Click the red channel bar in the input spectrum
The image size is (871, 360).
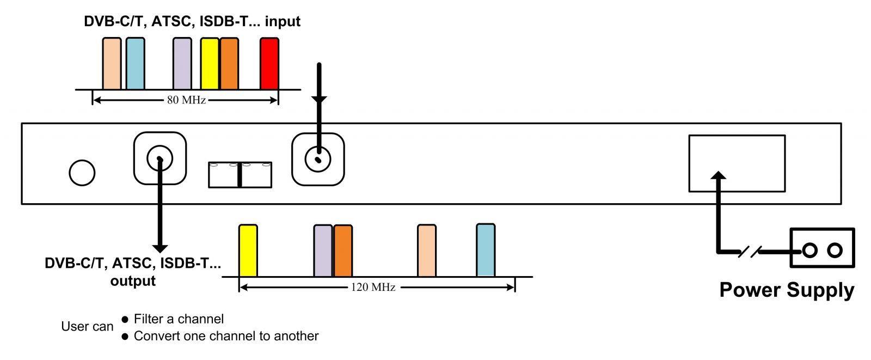(x=269, y=64)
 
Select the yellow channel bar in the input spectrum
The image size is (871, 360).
(x=209, y=64)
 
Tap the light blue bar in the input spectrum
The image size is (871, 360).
(x=135, y=64)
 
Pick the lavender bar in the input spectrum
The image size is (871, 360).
(x=182, y=64)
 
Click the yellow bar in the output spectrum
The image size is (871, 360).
(x=248, y=251)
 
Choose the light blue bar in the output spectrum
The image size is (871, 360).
(x=486, y=250)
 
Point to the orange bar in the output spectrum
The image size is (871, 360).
(x=343, y=251)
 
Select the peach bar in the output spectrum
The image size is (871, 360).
(x=427, y=251)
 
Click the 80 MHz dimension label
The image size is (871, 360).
(x=186, y=100)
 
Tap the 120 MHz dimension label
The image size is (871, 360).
(x=376, y=287)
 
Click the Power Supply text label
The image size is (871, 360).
(x=787, y=290)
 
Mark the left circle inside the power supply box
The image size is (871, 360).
(x=809, y=250)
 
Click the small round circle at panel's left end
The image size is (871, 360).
(x=82, y=173)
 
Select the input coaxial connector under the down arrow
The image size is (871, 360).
(x=318, y=160)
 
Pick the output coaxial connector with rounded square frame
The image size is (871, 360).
(x=160, y=158)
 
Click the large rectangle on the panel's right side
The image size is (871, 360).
(x=737, y=163)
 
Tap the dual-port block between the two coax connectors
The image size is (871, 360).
(x=240, y=175)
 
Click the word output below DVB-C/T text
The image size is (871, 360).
(x=133, y=281)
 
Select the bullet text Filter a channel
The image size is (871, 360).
(x=179, y=319)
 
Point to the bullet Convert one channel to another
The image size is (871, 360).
(x=226, y=336)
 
